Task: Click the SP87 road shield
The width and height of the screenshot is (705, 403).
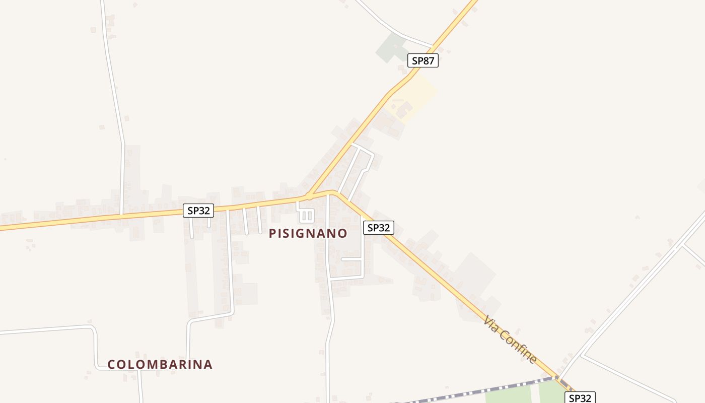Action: tap(423, 61)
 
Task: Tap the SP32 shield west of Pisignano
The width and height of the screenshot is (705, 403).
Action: tap(198, 211)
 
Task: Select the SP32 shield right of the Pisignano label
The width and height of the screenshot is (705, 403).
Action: tap(379, 228)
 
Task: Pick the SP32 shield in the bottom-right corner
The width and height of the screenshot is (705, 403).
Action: tap(580, 398)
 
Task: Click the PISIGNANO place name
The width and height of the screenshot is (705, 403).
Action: tap(308, 233)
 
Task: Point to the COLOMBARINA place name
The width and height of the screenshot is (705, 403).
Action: tap(160, 364)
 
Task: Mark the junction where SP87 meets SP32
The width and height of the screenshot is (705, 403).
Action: tap(309, 195)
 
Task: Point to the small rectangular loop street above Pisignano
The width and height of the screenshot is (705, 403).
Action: tap(307, 216)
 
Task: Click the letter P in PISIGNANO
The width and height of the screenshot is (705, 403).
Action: tap(272, 233)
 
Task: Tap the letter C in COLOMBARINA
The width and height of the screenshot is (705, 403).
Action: tap(111, 364)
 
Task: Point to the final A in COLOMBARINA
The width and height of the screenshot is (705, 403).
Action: tap(207, 364)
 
